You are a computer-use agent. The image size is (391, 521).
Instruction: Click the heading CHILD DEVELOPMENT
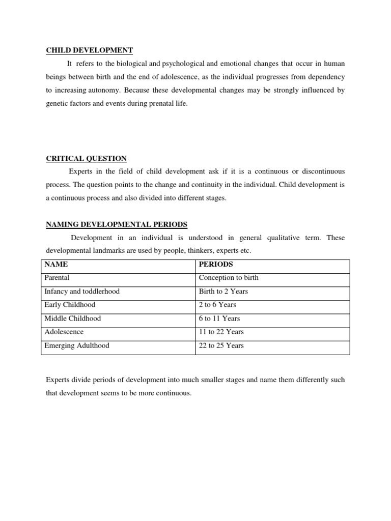coord(90,50)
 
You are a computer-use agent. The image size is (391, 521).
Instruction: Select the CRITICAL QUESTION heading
coord(87,158)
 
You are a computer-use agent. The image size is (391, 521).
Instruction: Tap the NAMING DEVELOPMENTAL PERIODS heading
coord(117,224)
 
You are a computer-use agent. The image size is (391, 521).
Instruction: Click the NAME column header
coord(56,265)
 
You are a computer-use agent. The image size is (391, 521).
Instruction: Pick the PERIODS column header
coord(216,265)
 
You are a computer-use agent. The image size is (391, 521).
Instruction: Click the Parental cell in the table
coord(57,278)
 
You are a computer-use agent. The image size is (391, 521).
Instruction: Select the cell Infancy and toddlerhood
coord(82,292)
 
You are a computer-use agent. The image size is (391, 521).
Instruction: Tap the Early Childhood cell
coord(70,305)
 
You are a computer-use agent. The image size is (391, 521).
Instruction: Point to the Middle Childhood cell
coord(73,319)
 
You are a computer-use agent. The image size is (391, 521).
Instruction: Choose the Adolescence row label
coord(64,332)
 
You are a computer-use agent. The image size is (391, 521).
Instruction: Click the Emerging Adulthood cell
coord(77,345)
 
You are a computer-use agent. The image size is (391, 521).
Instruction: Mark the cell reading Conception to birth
coord(229,278)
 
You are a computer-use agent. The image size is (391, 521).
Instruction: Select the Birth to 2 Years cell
coord(224,292)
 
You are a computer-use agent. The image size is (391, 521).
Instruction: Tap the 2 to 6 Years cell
coord(217,305)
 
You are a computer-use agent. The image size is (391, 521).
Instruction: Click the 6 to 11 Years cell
coord(219,319)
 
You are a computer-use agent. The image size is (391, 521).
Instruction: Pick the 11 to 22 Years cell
coord(221,332)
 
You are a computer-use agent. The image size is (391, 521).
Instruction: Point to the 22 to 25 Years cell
coord(221,345)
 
